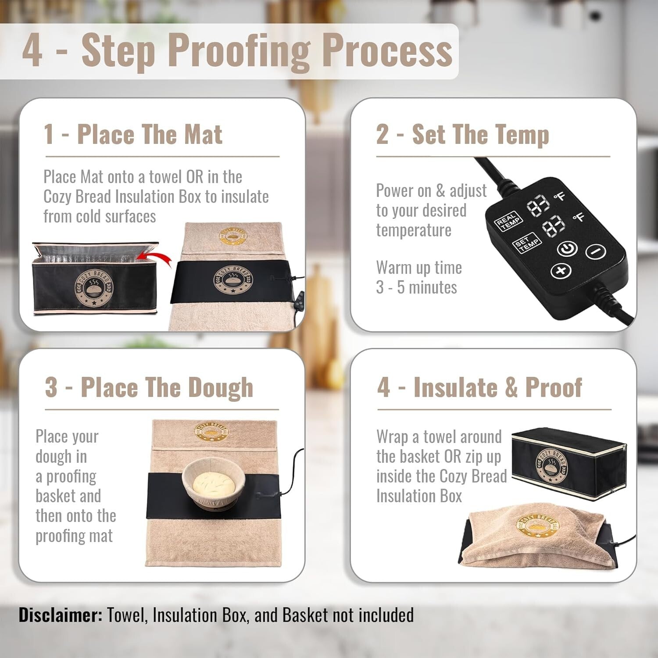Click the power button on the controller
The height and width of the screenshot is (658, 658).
click(x=567, y=249)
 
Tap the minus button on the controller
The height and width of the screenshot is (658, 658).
click(x=596, y=252)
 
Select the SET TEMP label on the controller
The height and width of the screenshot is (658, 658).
click(x=526, y=243)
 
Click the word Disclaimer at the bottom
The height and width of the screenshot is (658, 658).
click(x=60, y=615)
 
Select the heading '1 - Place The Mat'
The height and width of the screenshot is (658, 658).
click(x=133, y=134)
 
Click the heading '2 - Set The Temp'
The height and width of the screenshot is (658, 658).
click(x=462, y=134)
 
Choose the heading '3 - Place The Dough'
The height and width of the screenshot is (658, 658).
click(x=149, y=387)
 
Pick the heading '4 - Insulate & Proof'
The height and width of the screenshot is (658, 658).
click(x=479, y=387)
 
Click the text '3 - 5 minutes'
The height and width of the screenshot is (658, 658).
click(x=416, y=287)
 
